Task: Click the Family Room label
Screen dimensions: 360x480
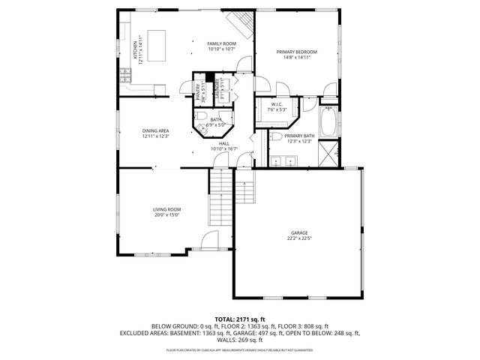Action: [x=221, y=44]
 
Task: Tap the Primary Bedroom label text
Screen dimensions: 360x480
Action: [x=296, y=52]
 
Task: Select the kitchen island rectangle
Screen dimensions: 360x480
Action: [x=157, y=38]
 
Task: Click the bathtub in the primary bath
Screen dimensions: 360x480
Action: [x=328, y=123]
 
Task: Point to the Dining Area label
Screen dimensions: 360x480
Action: [x=155, y=130]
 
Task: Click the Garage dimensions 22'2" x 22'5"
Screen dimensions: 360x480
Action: [x=298, y=239]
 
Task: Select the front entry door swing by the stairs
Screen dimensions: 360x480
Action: [x=211, y=241]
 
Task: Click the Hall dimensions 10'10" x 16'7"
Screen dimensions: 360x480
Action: [x=224, y=148]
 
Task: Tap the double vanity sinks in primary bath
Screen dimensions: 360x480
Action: [x=284, y=160]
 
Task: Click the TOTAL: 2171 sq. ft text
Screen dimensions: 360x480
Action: [x=240, y=319]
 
